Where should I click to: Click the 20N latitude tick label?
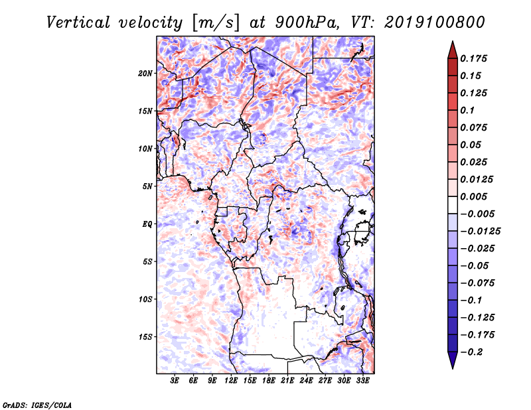145,74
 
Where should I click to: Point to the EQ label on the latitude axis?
147,224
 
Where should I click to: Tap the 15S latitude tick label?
145,337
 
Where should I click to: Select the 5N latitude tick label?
147,186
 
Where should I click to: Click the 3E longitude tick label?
175,381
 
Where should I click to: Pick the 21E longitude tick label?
287,381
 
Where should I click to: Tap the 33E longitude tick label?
362,381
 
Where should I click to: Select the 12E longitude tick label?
230,381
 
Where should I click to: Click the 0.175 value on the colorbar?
473,58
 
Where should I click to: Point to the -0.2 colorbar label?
471,352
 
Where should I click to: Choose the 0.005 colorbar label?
473,196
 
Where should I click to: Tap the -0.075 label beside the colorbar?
477,283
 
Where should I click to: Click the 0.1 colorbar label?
467,110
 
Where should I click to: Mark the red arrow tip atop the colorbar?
453,41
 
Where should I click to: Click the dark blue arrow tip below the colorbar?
453,368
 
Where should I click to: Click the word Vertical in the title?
78,23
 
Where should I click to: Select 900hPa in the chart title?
307,23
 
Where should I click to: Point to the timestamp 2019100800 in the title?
435,23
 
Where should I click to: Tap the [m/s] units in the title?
216,23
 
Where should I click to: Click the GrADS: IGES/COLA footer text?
37,405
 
